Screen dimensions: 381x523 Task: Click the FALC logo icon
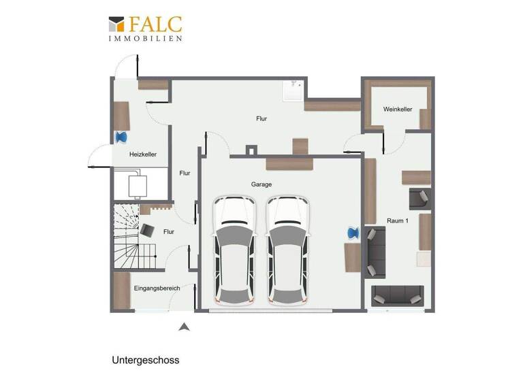(x=116, y=24)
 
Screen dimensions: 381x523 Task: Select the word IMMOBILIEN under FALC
(x=145, y=39)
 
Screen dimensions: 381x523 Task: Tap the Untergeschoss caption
(x=146, y=360)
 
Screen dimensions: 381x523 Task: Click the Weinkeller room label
(x=398, y=109)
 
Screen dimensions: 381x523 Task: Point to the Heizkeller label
(x=143, y=154)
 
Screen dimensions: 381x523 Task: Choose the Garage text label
(x=261, y=184)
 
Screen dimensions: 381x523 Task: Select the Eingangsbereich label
(x=157, y=288)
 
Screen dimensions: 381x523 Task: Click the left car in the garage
(x=234, y=250)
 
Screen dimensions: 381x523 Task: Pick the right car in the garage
(x=288, y=250)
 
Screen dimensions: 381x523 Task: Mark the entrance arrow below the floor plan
(x=183, y=327)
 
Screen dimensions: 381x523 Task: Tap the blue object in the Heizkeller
(x=122, y=137)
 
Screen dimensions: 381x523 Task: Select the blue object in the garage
(x=353, y=233)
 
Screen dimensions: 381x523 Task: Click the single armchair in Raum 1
(x=419, y=199)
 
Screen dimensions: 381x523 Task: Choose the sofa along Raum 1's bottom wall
(x=397, y=295)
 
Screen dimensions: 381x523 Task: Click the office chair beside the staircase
(x=146, y=230)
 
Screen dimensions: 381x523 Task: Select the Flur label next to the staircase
(x=169, y=231)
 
